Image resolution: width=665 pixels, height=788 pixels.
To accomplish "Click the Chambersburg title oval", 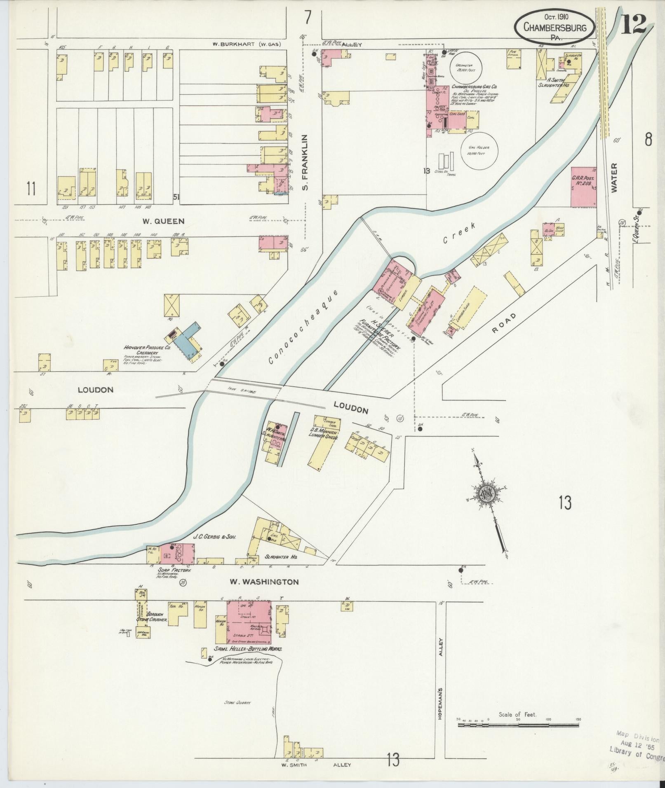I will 555,26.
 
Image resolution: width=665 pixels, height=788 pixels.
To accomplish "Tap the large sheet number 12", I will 634,25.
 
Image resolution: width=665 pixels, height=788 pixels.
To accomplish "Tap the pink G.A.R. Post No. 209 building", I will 583,187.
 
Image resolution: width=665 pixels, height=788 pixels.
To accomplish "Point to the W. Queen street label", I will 163,221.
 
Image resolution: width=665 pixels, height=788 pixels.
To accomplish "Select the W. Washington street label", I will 264,582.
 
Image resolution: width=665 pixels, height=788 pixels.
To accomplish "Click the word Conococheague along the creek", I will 303,327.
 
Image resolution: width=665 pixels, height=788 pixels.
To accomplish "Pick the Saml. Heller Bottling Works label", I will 249,648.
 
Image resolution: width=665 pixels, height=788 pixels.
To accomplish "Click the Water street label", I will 615,178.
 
